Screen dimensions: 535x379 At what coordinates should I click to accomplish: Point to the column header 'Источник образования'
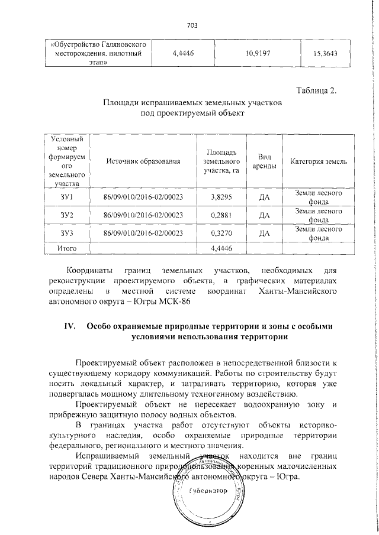click(x=142, y=161)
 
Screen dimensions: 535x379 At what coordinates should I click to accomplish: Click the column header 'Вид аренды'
click(x=265, y=161)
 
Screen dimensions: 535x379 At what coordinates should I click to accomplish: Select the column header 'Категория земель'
click(x=319, y=161)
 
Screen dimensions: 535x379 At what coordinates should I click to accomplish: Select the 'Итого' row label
click(x=66, y=248)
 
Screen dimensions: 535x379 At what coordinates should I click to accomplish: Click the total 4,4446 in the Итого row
click(x=220, y=248)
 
